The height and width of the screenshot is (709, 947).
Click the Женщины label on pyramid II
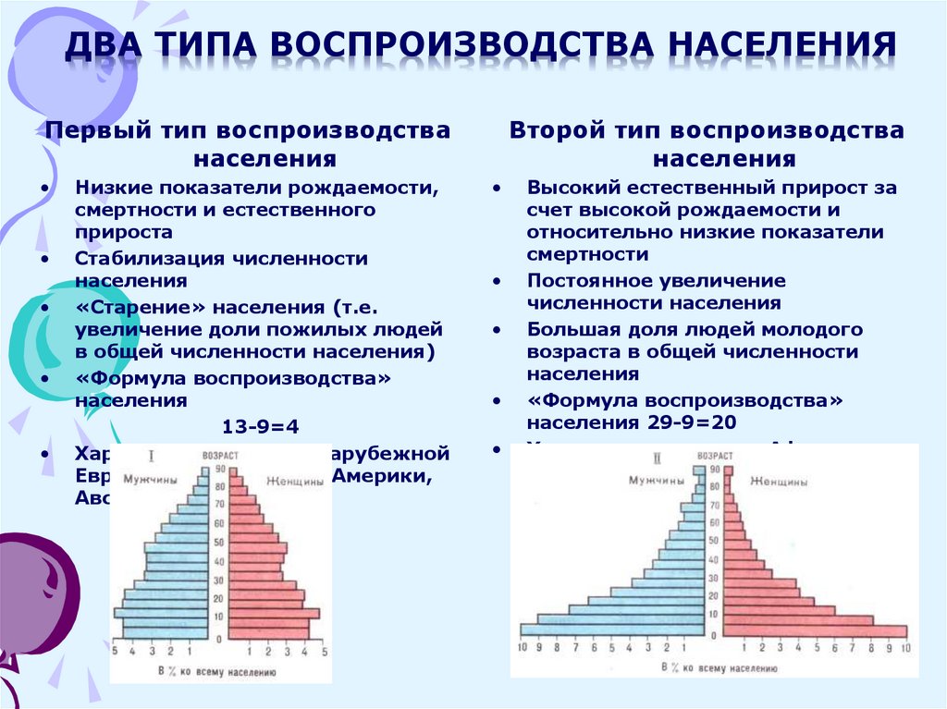(781, 481)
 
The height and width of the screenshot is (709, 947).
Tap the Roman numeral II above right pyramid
(658, 457)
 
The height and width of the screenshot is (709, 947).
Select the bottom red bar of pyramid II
(815, 631)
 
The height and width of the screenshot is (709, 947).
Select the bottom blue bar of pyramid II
(614, 631)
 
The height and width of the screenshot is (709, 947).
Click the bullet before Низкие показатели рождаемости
(46, 188)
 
